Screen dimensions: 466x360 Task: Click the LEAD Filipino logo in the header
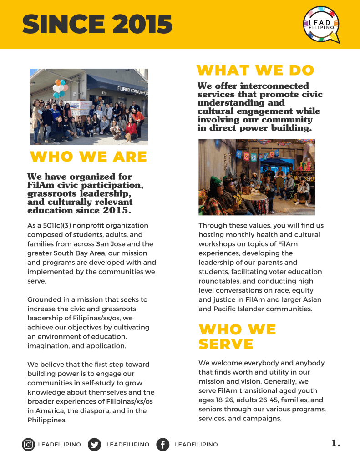click(321, 25)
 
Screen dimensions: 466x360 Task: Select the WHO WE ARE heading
click(88, 157)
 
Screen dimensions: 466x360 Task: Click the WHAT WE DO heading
click(255, 71)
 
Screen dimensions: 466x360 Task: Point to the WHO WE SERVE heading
click(237, 336)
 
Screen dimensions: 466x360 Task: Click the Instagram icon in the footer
click(29, 444)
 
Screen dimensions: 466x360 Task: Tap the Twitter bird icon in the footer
click(94, 444)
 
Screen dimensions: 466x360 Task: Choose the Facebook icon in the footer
click(162, 444)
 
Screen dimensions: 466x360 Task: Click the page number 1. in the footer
click(336, 443)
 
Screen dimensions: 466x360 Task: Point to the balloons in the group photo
click(59, 88)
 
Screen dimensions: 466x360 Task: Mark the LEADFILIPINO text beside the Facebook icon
click(196, 445)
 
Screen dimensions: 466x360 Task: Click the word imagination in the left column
click(47, 346)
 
